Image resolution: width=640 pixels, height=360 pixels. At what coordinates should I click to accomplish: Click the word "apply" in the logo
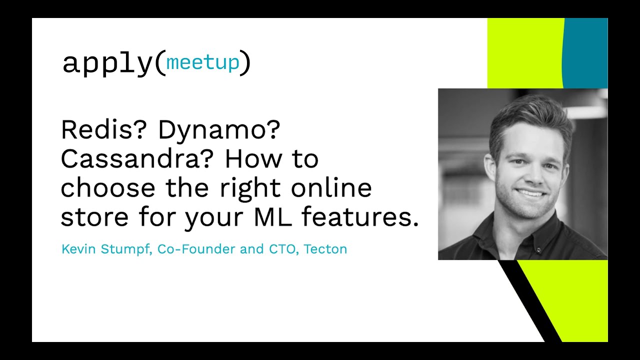(x=107, y=64)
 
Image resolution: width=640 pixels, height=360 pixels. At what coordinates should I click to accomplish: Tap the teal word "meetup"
(x=202, y=62)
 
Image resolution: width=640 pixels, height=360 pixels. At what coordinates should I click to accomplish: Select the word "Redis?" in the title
(x=103, y=129)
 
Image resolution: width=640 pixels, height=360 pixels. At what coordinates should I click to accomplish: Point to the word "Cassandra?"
(x=137, y=159)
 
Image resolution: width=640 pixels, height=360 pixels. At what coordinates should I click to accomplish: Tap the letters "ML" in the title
(x=272, y=216)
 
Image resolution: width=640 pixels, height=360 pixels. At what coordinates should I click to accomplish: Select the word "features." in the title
(x=360, y=216)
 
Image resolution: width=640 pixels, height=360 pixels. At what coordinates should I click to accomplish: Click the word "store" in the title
(x=94, y=217)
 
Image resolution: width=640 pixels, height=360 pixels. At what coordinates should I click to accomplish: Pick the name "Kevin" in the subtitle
(x=78, y=249)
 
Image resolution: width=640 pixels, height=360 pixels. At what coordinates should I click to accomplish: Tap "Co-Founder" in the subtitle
(x=196, y=249)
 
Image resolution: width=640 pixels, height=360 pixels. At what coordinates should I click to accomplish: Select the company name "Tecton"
(x=325, y=249)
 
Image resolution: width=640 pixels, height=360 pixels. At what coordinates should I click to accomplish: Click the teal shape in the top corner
(x=585, y=53)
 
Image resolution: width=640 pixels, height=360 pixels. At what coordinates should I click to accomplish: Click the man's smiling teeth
(x=530, y=193)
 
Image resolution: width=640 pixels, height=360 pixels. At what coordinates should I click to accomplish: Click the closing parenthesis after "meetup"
(x=245, y=63)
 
